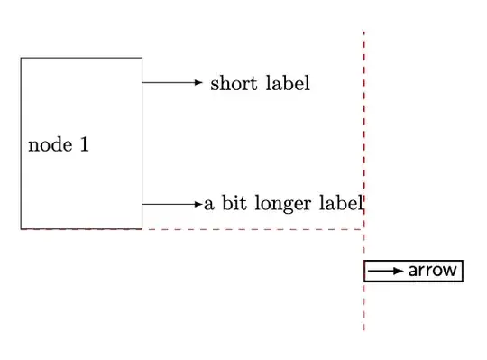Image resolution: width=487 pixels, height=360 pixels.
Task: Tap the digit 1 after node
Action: (x=84, y=144)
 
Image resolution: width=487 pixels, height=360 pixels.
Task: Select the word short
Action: (x=232, y=84)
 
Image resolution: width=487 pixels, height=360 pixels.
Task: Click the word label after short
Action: (x=289, y=84)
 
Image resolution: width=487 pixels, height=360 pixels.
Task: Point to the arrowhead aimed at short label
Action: (x=200, y=82)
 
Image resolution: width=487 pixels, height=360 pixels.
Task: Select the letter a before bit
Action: (x=208, y=205)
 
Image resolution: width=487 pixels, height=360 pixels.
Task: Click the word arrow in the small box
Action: (x=433, y=270)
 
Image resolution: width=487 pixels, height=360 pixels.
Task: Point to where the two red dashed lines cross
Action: (x=364, y=229)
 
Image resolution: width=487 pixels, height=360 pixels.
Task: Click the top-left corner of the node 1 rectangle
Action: (x=21, y=58)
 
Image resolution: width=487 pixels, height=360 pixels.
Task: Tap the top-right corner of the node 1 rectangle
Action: (x=142, y=58)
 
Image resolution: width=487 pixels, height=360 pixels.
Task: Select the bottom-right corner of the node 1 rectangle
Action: (x=142, y=228)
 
